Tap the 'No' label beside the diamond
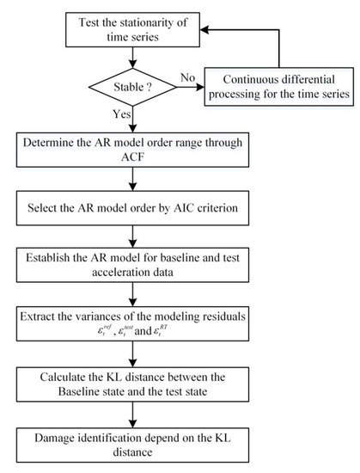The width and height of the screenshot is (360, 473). click(x=188, y=77)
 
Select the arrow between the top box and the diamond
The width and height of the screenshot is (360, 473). click(x=129, y=53)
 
